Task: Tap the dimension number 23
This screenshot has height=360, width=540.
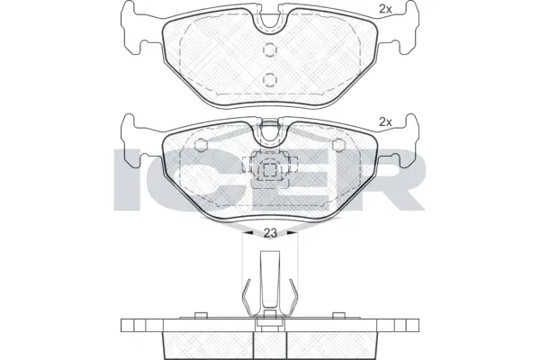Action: pos(270,233)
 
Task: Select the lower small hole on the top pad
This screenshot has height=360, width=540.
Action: pos(269,77)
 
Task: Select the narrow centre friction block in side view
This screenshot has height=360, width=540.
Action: pos(269,342)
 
